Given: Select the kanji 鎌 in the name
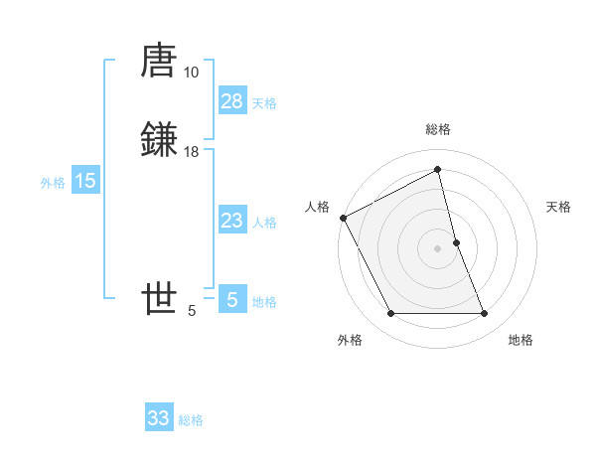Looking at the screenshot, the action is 159,139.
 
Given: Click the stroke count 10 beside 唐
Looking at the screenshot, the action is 191,73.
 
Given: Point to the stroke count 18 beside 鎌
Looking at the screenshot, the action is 191,152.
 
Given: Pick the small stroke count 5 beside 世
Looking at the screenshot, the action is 192,311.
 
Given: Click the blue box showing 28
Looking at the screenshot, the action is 231,101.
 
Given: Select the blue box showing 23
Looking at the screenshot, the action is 231,221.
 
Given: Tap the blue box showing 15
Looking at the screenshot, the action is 85,181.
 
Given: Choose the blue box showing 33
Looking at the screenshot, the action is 159,418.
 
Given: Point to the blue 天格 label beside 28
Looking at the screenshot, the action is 264,103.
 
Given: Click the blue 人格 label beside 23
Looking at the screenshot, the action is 264,223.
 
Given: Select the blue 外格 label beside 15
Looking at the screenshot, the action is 53,183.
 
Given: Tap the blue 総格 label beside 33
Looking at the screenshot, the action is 191,420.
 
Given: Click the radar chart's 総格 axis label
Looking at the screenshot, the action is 437,129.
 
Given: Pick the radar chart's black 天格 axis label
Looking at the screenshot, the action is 559,207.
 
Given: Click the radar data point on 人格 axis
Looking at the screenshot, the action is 343,218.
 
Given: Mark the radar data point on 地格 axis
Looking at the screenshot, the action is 485,314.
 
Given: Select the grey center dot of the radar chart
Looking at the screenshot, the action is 437,248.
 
